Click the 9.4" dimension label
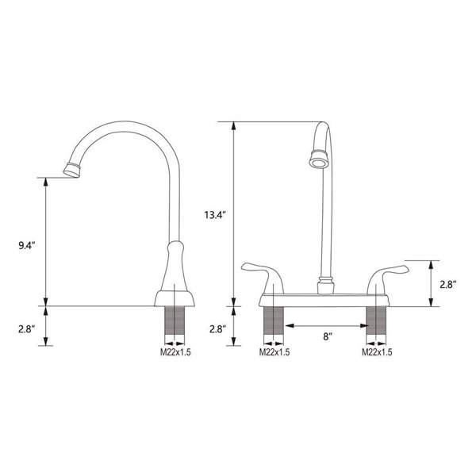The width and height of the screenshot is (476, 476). point(26,246)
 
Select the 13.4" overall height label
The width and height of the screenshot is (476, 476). point(216,214)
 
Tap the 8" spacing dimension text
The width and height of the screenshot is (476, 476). point(326,336)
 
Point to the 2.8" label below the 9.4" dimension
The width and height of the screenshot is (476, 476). point(26,328)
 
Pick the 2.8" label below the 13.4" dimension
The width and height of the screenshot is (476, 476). point(216,328)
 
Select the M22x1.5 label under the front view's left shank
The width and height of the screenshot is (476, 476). point(274,353)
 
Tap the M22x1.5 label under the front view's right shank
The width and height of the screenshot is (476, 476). point(378,353)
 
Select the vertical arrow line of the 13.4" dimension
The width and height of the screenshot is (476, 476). point(235,214)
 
